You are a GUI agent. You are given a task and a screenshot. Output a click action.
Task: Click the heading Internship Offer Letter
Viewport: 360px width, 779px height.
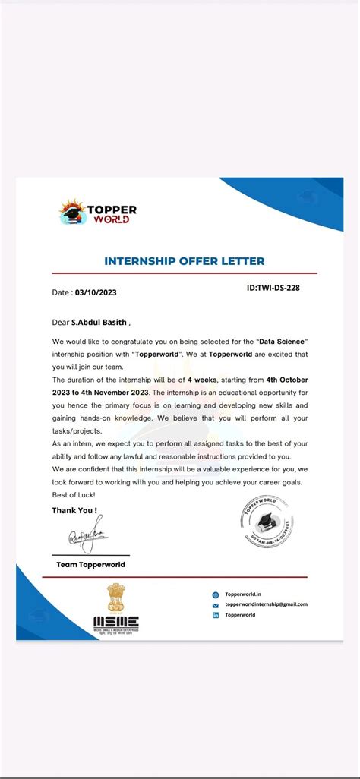point(184,261)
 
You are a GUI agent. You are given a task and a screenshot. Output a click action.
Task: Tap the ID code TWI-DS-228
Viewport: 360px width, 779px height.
point(273,288)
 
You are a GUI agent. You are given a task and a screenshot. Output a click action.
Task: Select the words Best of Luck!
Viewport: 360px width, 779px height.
point(74,494)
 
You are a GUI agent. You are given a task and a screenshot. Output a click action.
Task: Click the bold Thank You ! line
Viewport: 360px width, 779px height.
point(74,510)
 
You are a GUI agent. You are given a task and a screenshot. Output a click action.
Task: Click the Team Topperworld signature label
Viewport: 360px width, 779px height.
point(90,565)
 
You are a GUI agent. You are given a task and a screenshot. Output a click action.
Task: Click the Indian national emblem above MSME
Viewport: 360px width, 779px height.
point(116,598)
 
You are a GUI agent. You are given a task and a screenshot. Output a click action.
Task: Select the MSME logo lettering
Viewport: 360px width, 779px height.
point(116,622)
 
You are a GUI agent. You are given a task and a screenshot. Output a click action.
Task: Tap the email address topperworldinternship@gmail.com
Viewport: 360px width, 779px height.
point(267,604)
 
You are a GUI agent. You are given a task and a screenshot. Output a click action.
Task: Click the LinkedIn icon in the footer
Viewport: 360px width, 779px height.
point(216,615)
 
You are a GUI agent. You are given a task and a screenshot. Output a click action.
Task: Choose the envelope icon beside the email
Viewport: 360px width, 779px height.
point(216,605)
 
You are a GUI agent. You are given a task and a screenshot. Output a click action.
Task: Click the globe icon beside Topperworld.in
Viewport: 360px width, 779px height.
point(216,595)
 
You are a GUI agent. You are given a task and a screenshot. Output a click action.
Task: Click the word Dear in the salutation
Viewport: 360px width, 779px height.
point(61,322)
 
